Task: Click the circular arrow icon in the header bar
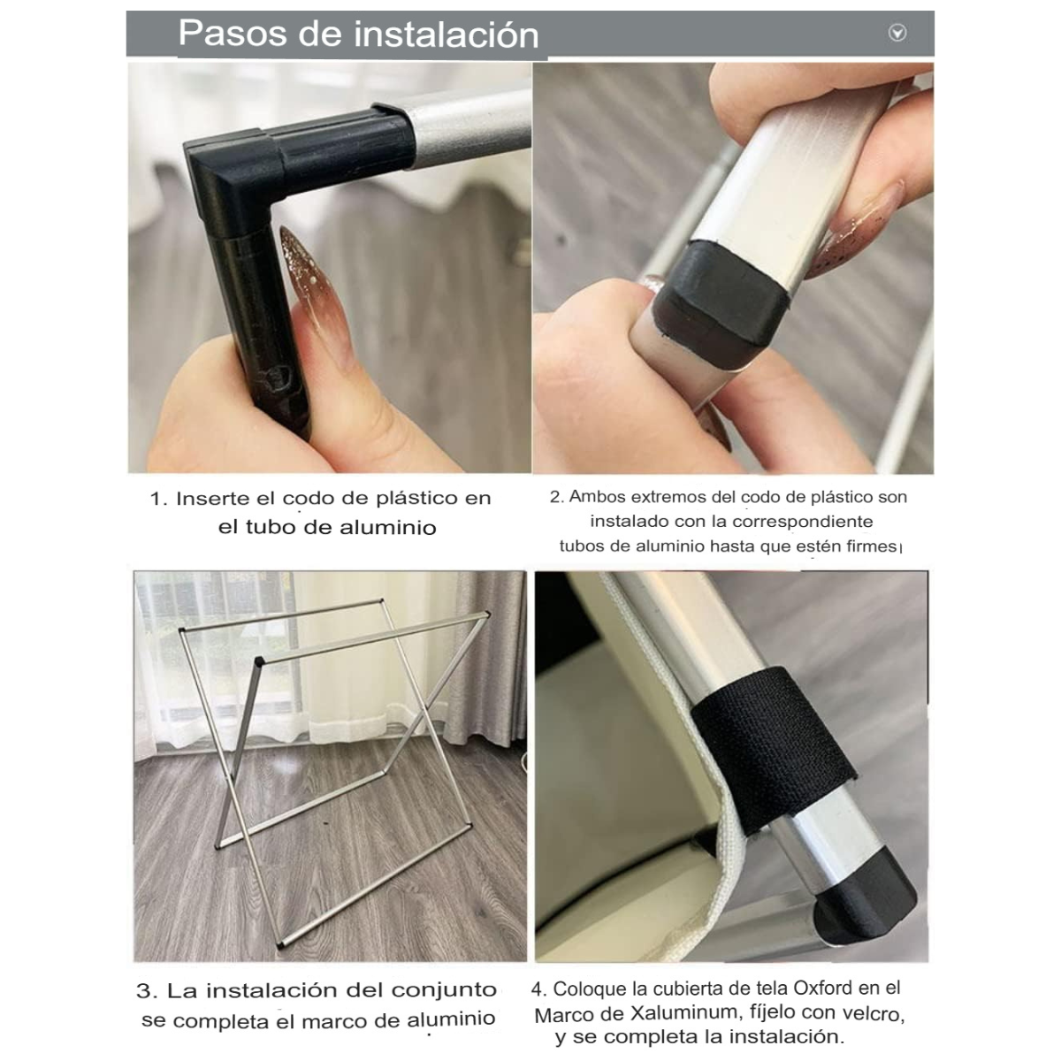pyautogui.click(x=897, y=33)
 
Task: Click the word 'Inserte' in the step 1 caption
pyautogui.click(x=212, y=499)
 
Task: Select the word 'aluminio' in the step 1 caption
pyautogui.click(x=387, y=528)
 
